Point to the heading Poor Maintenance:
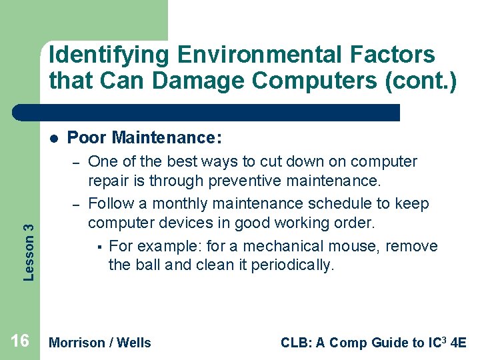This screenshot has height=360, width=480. (x=145, y=138)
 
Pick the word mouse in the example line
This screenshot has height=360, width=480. (x=357, y=246)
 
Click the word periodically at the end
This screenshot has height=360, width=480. (x=293, y=265)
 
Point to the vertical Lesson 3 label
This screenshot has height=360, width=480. (x=28, y=242)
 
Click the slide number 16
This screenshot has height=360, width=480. (x=20, y=341)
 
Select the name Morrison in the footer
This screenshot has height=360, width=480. (x=77, y=343)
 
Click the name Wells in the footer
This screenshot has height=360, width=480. (x=134, y=343)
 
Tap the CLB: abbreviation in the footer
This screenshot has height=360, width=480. (x=295, y=343)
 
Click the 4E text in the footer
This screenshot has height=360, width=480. (x=459, y=343)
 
